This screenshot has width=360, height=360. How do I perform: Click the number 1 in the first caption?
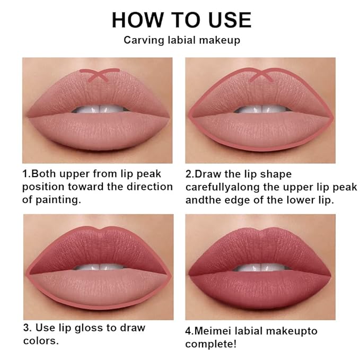click(24, 174)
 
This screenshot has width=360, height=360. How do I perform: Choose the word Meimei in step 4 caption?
click(215, 331)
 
